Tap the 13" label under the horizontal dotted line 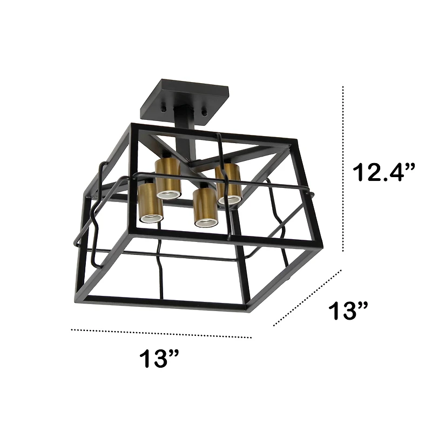pos(159,358)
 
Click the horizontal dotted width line pos(162,333)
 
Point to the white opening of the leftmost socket pos(151,218)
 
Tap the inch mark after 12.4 pos(410,165)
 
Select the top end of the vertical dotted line pos(344,86)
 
